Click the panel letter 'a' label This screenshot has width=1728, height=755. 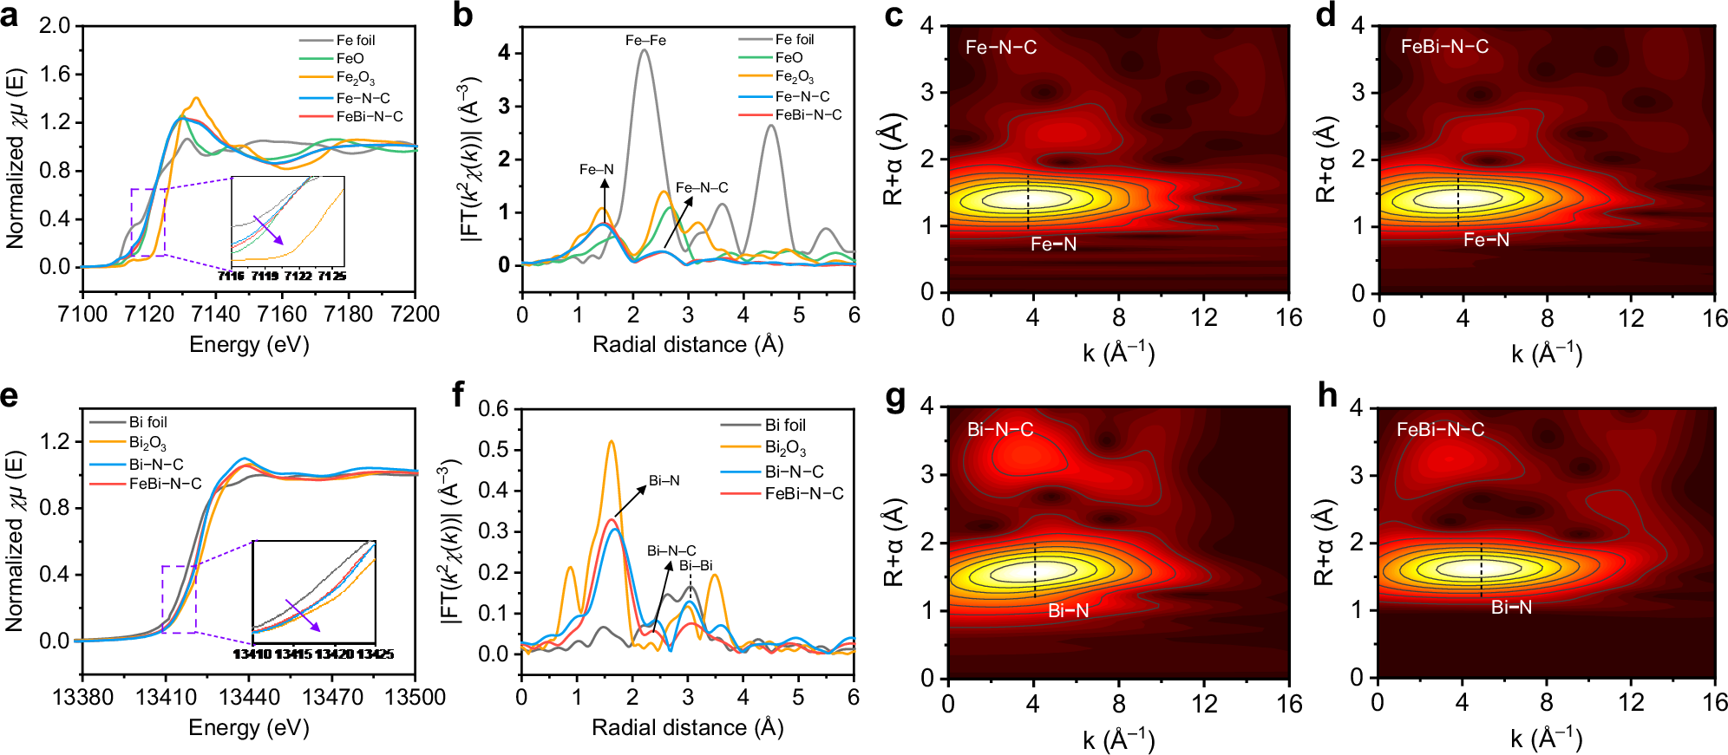(x=10, y=16)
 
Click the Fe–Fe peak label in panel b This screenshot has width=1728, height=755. (x=645, y=40)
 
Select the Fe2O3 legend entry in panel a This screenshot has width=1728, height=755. (x=355, y=78)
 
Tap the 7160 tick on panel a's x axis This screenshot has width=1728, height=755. (x=282, y=314)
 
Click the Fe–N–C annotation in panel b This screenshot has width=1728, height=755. (x=702, y=187)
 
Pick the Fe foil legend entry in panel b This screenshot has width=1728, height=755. (x=794, y=39)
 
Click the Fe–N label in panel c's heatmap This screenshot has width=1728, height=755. (x=1053, y=244)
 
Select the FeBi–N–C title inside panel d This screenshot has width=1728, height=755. (x=1444, y=47)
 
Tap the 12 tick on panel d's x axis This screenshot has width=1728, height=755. (x=1631, y=319)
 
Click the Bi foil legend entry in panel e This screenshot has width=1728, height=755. (x=147, y=422)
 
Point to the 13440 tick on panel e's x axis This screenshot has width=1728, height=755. (x=249, y=697)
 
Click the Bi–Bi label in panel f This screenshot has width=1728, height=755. (x=696, y=565)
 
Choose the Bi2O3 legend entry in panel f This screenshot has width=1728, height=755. (x=785, y=448)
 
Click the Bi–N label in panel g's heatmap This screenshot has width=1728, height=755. (x=1068, y=610)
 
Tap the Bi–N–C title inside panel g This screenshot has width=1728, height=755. (x=1000, y=429)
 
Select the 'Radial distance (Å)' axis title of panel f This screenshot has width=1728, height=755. (x=687, y=727)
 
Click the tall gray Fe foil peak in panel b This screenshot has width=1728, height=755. (x=644, y=52)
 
